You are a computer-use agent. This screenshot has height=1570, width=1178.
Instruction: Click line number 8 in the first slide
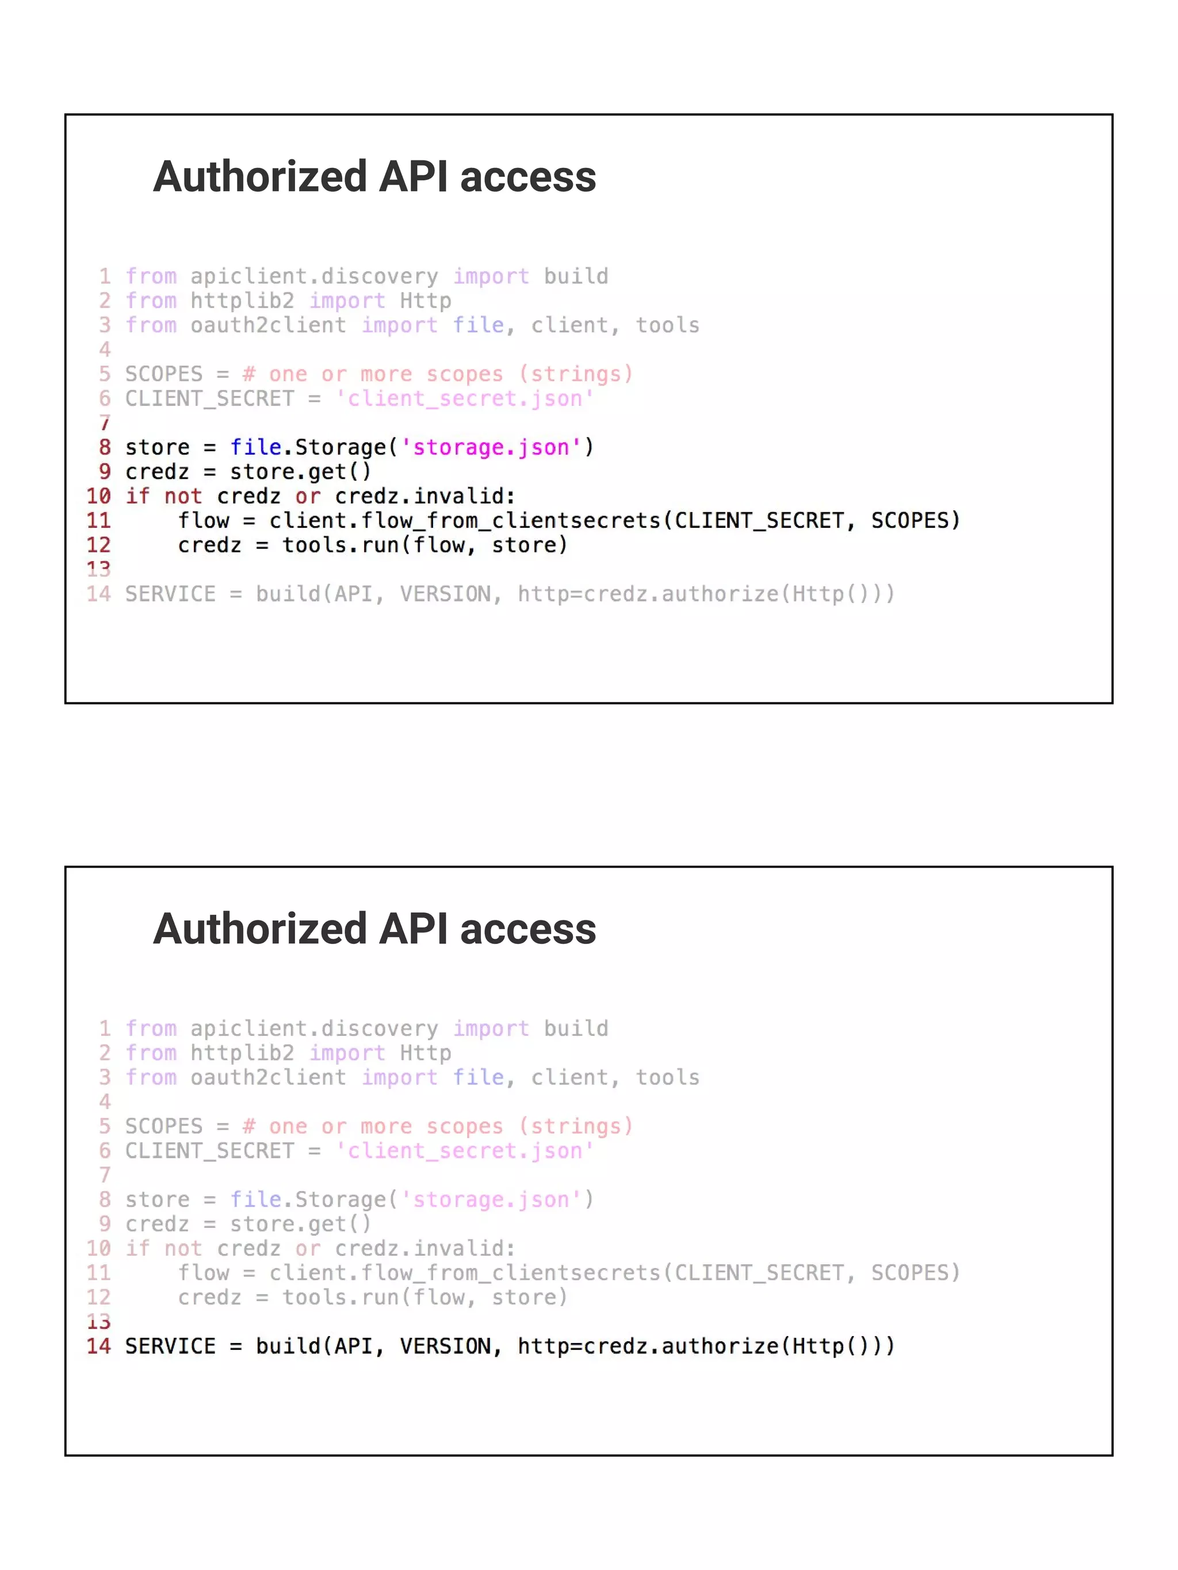(x=104, y=447)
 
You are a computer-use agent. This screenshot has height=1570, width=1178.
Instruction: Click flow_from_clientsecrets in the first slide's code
(x=511, y=520)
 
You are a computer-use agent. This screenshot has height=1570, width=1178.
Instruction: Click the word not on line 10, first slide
(x=182, y=496)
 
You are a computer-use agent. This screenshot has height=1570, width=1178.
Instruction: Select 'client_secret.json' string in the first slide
(x=464, y=398)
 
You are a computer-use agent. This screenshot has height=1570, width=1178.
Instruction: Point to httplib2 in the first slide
(x=242, y=301)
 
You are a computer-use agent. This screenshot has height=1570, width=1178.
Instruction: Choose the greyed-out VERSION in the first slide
(x=445, y=593)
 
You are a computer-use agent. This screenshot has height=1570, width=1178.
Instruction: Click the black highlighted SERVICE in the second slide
(x=170, y=1346)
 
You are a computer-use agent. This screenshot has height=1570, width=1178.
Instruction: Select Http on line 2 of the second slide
(x=424, y=1053)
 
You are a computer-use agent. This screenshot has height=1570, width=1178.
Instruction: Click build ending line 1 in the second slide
(x=576, y=1028)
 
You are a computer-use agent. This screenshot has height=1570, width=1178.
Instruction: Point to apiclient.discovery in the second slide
(x=314, y=1028)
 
